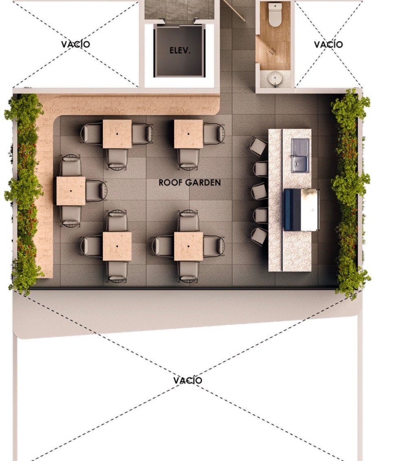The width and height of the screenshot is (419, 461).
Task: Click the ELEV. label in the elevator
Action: [180, 50]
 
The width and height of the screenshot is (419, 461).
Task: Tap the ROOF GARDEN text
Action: [190, 183]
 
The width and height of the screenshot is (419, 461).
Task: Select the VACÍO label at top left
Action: [76, 44]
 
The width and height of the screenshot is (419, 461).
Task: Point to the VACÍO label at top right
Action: [328, 44]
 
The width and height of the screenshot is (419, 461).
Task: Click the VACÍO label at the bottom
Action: [188, 380]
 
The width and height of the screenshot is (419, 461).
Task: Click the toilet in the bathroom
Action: [275, 15]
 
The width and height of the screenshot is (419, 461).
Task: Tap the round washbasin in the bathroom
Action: [275, 78]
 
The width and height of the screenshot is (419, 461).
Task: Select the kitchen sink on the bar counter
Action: [300, 155]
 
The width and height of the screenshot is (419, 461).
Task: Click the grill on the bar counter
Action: [301, 210]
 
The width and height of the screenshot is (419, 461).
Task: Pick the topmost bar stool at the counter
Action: [258, 146]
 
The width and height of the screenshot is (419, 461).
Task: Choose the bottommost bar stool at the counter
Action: [259, 236]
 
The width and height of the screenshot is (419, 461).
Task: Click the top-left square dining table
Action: [117, 134]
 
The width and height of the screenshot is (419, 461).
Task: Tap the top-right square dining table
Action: [188, 134]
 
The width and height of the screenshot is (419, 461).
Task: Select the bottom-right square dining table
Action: [188, 247]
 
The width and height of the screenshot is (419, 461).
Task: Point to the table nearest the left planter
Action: [71, 191]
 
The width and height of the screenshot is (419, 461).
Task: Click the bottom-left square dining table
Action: [117, 247]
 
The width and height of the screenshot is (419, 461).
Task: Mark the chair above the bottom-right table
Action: [188, 221]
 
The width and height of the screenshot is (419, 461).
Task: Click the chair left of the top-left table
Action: [92, 134]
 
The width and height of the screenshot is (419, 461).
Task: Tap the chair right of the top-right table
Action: [214, 134]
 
